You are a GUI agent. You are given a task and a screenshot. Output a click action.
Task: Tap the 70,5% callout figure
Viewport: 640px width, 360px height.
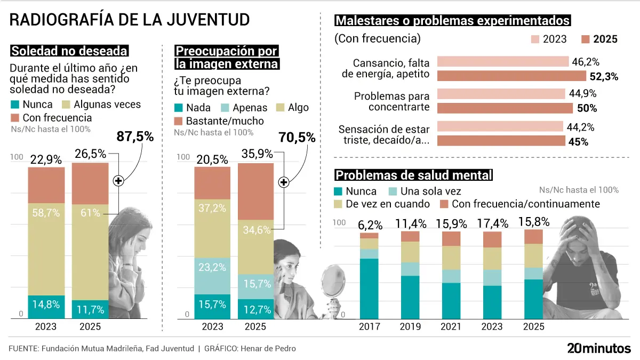(297, 138)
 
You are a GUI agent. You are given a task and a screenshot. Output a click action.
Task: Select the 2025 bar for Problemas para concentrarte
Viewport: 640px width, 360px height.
(505, 108)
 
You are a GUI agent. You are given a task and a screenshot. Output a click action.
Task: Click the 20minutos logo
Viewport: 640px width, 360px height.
(598, 349)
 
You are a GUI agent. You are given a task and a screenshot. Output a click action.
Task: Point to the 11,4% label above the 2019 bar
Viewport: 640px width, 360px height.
(409, 223)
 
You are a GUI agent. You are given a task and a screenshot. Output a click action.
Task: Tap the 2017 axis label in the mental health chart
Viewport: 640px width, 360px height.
(369, 326)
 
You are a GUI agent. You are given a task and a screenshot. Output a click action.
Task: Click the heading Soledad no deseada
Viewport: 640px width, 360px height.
(69, 51)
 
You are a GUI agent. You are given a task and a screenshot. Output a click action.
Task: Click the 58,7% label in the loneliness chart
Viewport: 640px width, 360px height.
(46, 213)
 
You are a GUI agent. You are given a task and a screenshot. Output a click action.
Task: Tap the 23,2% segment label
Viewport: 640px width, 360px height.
(212, 267)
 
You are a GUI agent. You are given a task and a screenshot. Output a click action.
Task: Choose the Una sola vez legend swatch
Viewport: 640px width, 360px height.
(393, 191)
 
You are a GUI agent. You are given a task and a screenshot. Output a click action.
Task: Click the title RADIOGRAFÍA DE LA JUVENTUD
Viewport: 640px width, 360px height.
(130, 20)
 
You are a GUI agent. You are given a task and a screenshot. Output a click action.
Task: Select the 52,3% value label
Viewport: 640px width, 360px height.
(604, 76)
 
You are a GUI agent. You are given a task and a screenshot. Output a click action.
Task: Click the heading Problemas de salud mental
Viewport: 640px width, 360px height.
(413, 175)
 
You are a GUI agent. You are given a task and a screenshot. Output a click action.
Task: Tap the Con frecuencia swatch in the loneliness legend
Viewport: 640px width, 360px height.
(15, 118)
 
